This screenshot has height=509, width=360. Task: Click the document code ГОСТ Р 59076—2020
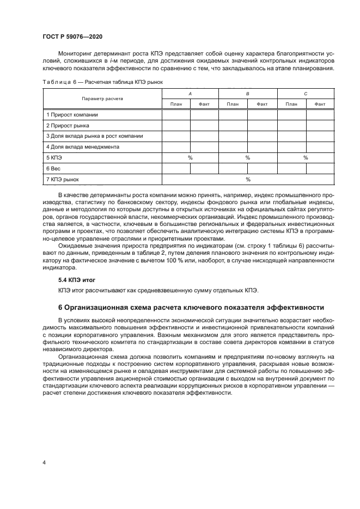coord(72,36)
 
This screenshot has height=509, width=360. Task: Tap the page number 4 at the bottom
coord(44,462)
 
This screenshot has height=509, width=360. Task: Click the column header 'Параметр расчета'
coord(102,99)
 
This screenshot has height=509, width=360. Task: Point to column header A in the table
coord(190,94)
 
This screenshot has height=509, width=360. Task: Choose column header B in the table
coord(248,94)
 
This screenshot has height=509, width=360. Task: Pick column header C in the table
coord(306,94)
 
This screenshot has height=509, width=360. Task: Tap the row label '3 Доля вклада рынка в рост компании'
coord(95,136)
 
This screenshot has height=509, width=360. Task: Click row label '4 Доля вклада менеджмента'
coord(82,146)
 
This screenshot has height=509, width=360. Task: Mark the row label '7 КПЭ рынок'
coord(63,179)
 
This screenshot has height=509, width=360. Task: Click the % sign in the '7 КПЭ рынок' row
coord(248,179)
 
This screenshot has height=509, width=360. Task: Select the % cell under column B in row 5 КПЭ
coord(248,157)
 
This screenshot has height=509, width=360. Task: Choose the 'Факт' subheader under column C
coord(320,104)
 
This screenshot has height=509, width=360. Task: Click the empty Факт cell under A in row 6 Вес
coord(204,168)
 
